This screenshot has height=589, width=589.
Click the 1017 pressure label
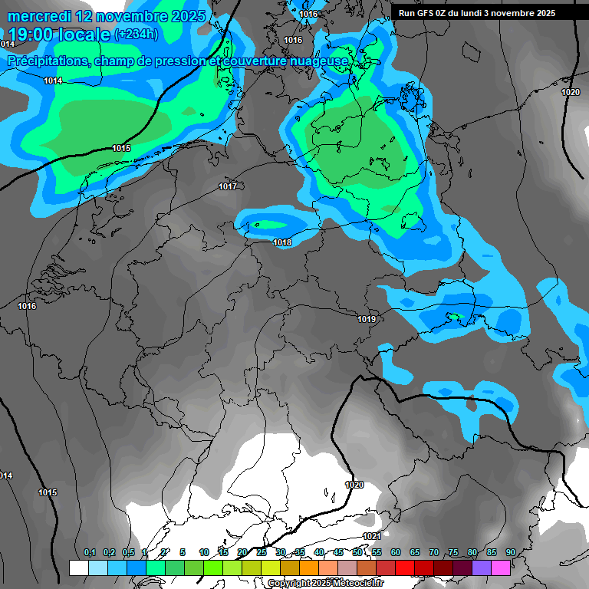click(x=228, y=186)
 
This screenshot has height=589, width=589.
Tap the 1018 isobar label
click(x=282, y=243)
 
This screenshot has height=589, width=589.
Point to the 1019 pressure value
click(x=367, y=319)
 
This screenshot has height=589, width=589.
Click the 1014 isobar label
click(x=53, y=81)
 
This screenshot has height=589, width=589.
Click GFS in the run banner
click(x=423, y=13)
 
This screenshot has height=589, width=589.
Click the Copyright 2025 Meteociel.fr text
click(x=324, y=584)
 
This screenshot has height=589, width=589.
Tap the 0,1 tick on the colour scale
click(x=89, y=552)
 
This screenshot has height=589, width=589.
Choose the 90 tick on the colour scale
click(x=511, y=552)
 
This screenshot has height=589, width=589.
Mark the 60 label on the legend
click(x=396, y=552)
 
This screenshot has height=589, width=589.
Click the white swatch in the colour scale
click(x=79, y=568)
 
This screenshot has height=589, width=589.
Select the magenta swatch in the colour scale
click(x=501, y=568)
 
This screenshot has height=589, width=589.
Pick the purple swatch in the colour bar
click(x=482, y=568)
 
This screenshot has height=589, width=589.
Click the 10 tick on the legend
click(x=204, y=552)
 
